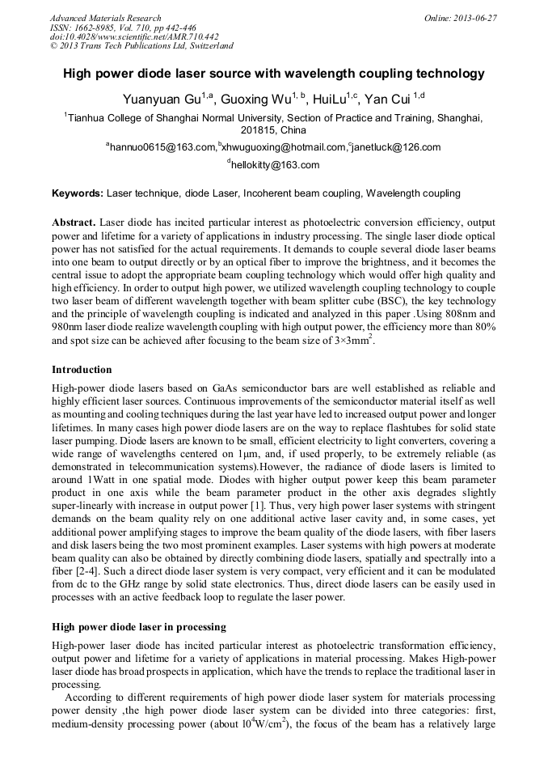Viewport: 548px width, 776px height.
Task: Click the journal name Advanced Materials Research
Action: [105, 18]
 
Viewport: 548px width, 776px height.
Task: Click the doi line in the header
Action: [134, 36]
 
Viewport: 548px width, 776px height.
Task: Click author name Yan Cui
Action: [388, 100]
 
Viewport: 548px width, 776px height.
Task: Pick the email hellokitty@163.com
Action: [276, 165]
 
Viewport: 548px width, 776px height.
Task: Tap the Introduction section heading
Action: [82, 370]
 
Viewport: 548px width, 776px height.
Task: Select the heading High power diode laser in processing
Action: [139, 626]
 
